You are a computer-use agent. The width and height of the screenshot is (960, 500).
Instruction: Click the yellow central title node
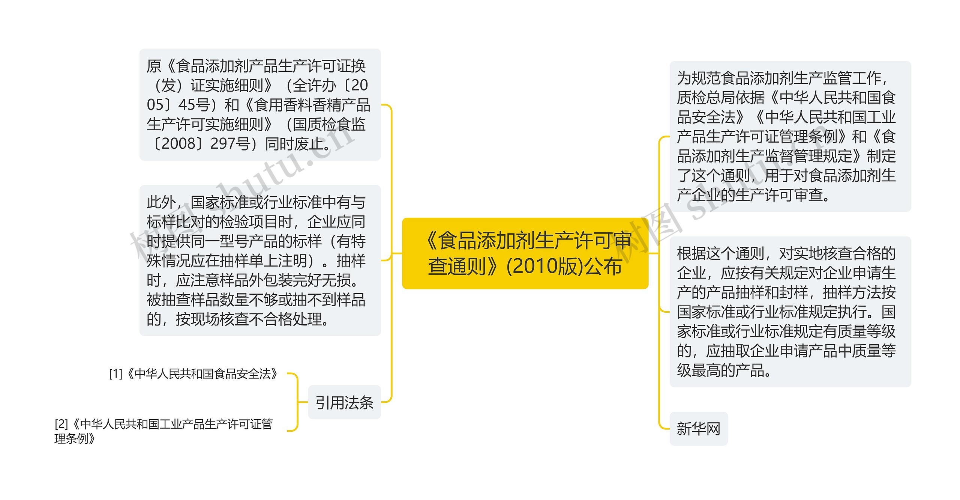(525, 253)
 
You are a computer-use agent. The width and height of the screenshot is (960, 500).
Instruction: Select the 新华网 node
(698, 429)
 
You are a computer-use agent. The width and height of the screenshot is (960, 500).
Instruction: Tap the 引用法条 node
(344, 402)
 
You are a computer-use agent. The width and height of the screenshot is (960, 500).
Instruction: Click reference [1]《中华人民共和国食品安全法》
(193, 374)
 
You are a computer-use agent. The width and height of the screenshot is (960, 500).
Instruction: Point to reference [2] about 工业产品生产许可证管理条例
(164, 431)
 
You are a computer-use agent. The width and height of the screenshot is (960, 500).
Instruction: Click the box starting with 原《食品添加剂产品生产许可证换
(260, 105)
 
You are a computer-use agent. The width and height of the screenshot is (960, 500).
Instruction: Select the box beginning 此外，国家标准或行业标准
(260, 260)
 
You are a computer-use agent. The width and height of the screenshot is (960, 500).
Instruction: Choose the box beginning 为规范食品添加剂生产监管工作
(790, 136)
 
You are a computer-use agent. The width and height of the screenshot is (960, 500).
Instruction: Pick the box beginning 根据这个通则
(790, 312)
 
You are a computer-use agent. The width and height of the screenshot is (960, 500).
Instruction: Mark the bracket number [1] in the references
(115, 374)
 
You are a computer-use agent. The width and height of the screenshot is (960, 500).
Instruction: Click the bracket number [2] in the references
(61, 424)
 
